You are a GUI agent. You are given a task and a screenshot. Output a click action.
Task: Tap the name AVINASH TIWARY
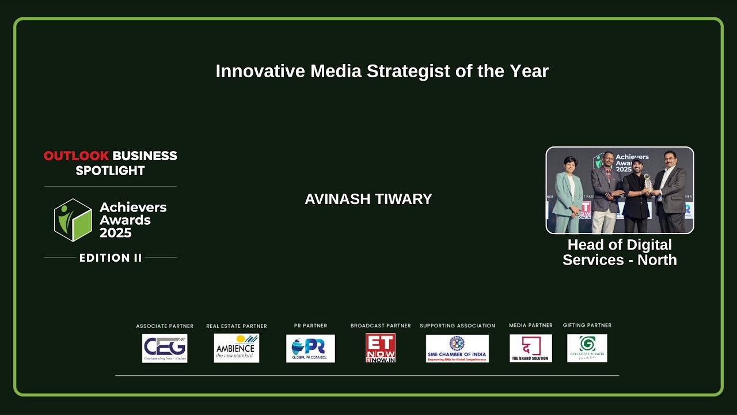pyautogui.click(x=368, y=199)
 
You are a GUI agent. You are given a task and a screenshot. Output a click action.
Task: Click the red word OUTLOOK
pyautogui.click(x=76, y=156)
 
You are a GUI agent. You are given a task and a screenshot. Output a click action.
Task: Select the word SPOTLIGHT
pyautogui.click(x=110, y=171)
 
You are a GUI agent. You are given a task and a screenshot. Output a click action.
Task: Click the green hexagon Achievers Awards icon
pyautogui.click(x=73, y=220)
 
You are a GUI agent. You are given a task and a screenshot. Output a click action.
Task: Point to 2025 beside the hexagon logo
pyautogui.click(x=115, y=233)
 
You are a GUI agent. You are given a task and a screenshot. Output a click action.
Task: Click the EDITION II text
pyautogui.click(x=110, y=258)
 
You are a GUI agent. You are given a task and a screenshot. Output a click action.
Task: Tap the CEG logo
pyautogui.click(x=165, y=348)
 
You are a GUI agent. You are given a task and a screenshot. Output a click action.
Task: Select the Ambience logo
pyautogui.click(x=236, y=348)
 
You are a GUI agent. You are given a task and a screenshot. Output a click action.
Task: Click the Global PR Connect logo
pyautogui.click(x=310, y=348)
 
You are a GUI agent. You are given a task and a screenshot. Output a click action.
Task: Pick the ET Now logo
pyautogui.click(x=381, y=348)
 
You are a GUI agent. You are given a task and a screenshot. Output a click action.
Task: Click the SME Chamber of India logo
pyautogui.click(x=457, y=348)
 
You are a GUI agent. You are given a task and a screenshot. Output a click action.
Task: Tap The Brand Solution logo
pyautogui.click(x=530, y=348)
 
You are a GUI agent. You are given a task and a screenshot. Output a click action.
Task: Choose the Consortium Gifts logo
pyautogui.click(x=587, y=348)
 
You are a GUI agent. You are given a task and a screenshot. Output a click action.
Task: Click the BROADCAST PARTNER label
pyautogui.click(x=381, y=326)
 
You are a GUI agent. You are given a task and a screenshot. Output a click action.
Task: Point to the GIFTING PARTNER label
pyautogui.click(x=587, y=326)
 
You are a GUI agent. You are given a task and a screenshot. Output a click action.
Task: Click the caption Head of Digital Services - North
pyautogui.click(x=620, y=252)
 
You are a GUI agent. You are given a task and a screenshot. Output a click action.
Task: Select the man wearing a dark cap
pyautogui.click(x=637, y=193)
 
